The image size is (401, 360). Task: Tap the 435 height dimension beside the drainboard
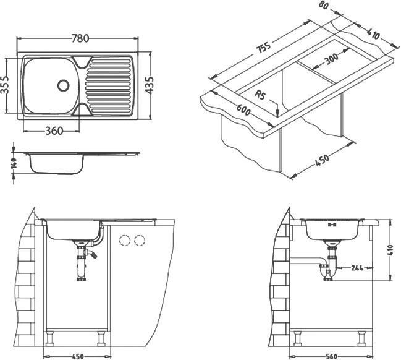(148, 85)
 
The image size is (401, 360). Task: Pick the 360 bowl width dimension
(54, 131)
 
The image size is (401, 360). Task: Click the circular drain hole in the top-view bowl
(63, 85)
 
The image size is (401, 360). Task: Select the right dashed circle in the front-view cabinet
(139, 240)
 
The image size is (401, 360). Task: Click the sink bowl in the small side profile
(56, 164)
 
